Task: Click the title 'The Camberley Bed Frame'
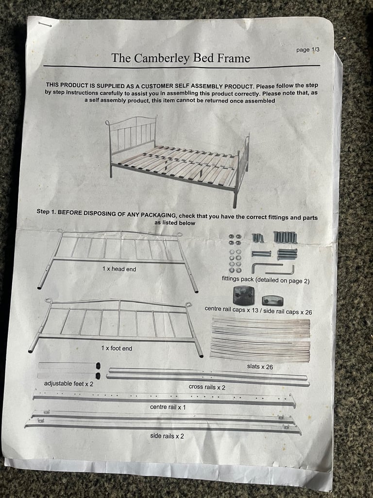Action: tap(181, 58)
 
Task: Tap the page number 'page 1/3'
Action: tap(308, 50)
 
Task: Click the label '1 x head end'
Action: tap(119, 268)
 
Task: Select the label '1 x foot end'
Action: tap(117, 348)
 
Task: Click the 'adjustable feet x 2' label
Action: tap(69, 384)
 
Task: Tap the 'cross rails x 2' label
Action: tap(207, 387)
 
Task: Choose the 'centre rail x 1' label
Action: tap(168, 407)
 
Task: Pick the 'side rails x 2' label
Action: tap(167, 436)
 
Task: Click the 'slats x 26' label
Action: tap(260, 367)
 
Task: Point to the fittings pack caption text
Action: tap(266, 281)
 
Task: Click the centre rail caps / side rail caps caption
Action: tap(258, 309)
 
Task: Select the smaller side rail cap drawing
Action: tap(272, 300)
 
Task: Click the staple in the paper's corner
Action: tap(45, 23)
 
